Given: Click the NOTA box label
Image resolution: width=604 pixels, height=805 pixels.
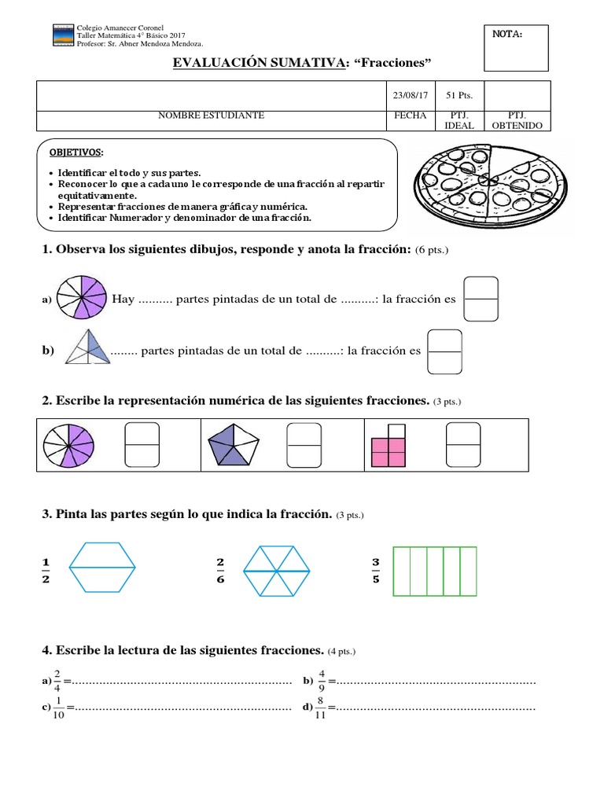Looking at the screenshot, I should point(507,33).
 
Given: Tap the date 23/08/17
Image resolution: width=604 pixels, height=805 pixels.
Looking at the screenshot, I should point(411,95).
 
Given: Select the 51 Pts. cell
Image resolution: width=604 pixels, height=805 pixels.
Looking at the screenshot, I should point(459,95).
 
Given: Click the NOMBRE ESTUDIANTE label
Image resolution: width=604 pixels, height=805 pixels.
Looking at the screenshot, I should point(211,116).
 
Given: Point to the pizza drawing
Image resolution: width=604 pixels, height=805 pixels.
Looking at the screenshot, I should point(492,186).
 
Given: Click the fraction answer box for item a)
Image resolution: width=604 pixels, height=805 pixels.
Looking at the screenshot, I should point(481,299).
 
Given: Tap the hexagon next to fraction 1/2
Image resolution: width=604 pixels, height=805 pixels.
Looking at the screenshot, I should point(103,568).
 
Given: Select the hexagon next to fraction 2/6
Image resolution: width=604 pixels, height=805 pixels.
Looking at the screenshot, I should point(274,568).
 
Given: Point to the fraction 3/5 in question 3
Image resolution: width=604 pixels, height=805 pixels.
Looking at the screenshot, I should point(376,570).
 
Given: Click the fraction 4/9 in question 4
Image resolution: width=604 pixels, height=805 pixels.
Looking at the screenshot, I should point(322,679).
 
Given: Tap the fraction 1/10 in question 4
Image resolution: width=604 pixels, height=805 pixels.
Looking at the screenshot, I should point(59,708).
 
